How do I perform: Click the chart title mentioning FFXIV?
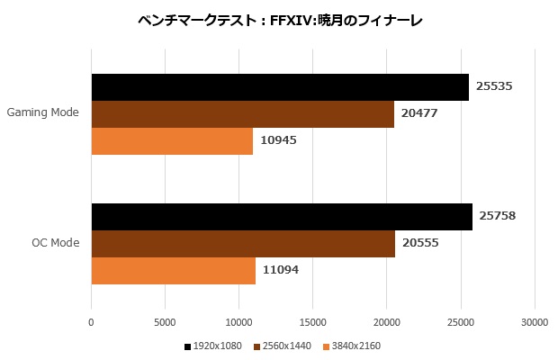279,20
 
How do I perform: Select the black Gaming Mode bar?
280,87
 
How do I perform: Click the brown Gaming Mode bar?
243,114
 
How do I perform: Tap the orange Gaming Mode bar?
172,141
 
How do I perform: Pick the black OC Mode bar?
282,217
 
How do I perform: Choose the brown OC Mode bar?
243,244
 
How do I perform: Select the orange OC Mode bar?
173,271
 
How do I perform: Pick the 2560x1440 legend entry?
283,346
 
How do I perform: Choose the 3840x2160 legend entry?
353,346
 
